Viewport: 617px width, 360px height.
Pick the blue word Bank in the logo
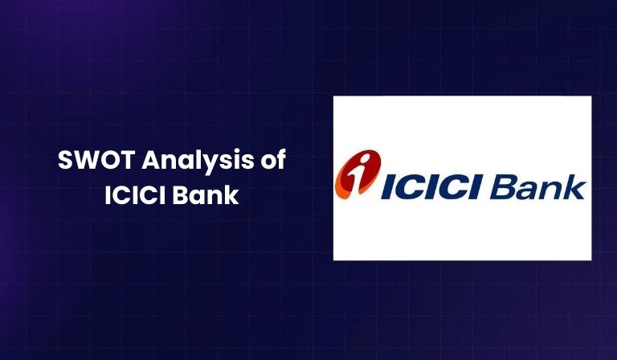point(537,186)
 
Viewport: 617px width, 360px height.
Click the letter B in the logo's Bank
point(505,186)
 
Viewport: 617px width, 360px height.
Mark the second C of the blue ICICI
point(452,187)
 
